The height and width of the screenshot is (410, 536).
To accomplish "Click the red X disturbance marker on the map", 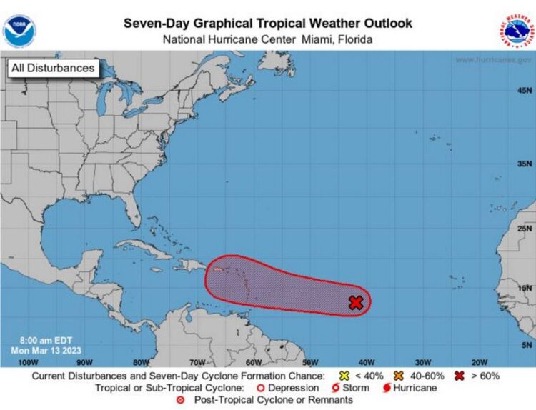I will point(356,303).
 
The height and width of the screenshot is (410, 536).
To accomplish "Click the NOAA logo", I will point(19,31).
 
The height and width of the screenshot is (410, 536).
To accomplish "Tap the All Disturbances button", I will point(52,69).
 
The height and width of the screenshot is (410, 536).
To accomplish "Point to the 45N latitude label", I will point(524,90).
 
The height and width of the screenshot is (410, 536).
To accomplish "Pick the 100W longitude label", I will point(26,361).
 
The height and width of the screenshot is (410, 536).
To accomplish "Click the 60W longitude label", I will point(253,361).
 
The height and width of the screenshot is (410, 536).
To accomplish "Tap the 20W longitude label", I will point(479,361).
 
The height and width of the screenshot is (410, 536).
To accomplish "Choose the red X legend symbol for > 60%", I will point(460,376).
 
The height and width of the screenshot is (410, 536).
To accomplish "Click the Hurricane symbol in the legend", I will point(387,388).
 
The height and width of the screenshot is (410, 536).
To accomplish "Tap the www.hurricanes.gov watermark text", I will point(493,60).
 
